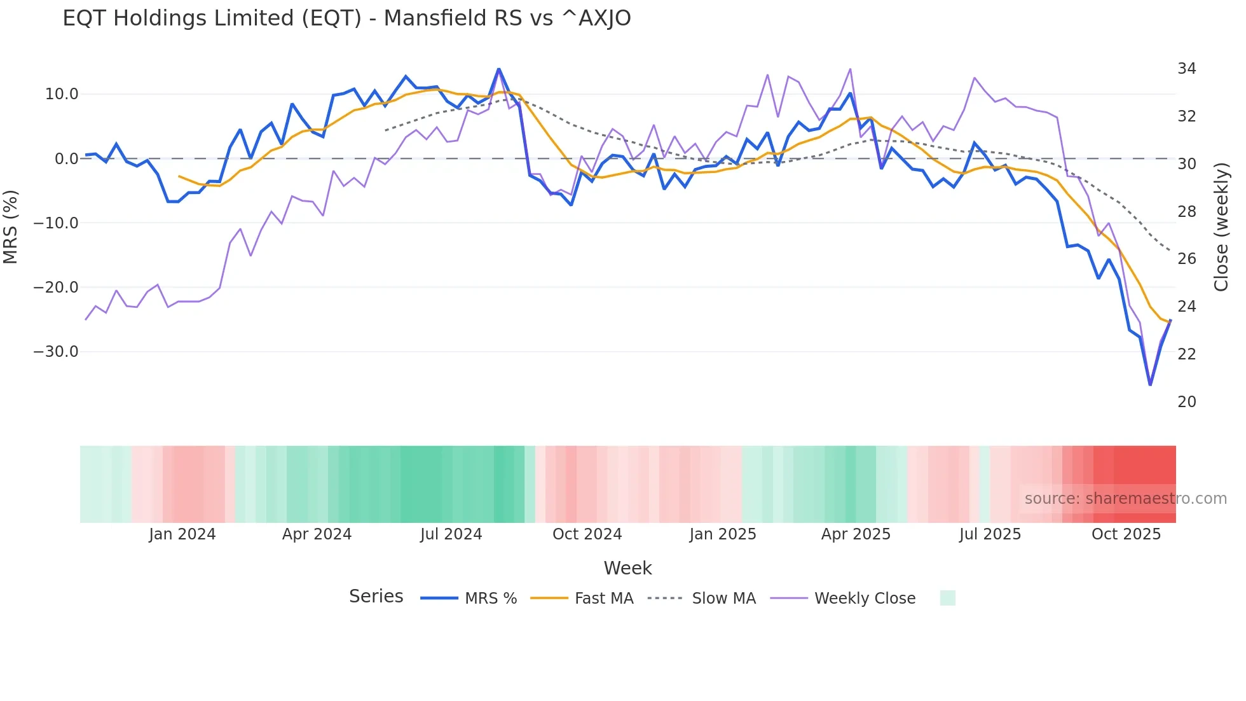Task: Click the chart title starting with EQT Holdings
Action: click(x=346, y=18)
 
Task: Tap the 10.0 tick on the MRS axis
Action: click(x=62, y=94)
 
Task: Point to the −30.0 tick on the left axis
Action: click(x=56, y=352)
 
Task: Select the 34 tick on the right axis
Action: click(x=1186, y=69)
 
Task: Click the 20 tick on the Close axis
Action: click(x=1186, y=402)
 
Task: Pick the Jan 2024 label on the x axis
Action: click(x=182, y=534)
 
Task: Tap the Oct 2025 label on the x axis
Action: click(x=1126, y=534)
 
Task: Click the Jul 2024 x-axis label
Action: click(x=451, y=534)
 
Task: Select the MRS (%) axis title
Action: click(x=11, y=226)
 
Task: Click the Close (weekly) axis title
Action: click(x=1221, y=226)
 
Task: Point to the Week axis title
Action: click(x=627, y=568)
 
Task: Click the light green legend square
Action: click(x=947, y=598)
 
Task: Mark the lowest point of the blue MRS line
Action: click(x=1150, y=385)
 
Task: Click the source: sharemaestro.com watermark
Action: click(x=1125, y=499)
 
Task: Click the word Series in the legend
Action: click(x=376, y=597)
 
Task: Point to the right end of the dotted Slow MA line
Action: click(x=1170, y=251)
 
